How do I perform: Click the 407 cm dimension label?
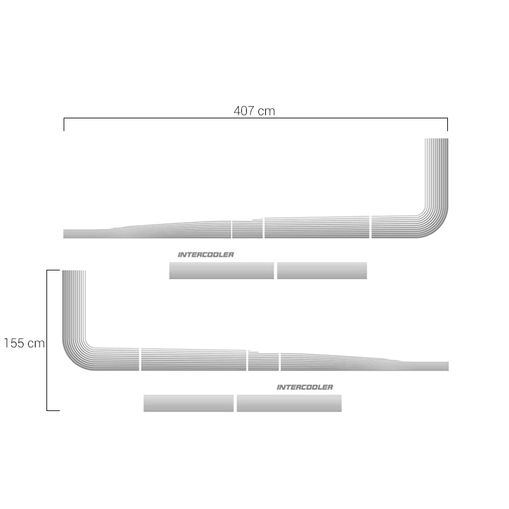(x=254, y=111)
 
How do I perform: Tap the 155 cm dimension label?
(x=24, y=343)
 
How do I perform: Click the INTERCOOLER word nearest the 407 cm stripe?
(x=206, y=254)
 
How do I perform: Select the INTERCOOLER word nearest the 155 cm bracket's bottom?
(x=305, y=387)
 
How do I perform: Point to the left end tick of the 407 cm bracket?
(x=64, y=124)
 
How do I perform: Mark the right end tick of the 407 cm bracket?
(x=447, y=124)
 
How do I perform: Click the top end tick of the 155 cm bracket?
(x=53, y=270)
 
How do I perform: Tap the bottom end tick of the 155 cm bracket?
(x=53, y=410)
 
